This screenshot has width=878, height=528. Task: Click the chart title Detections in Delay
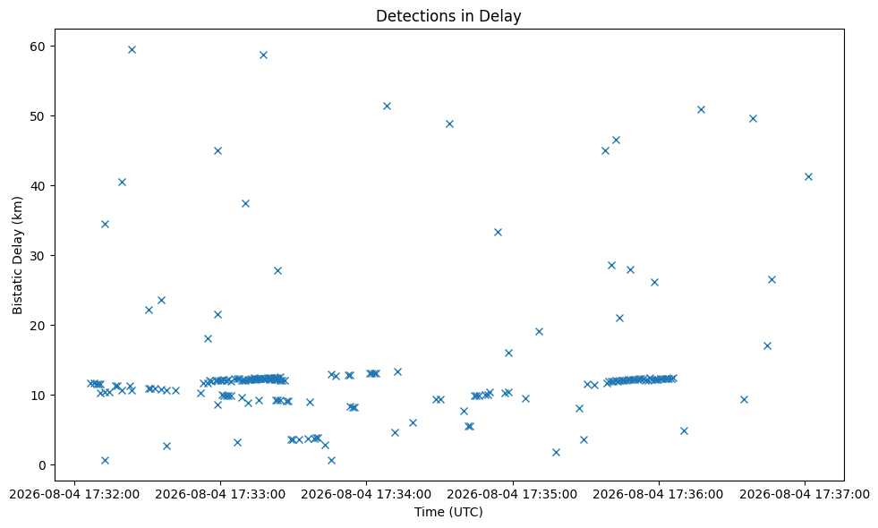click(x=448, y=16)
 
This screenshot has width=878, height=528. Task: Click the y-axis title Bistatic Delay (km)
click(x=17, y=255)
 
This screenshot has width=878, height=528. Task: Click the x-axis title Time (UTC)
click(x=448, y=512)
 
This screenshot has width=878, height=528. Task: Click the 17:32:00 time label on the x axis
click(x=74, y=495)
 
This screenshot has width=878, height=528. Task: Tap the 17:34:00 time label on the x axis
click(x=366, y=495)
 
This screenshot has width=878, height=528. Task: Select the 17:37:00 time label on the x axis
click(x=805, y=495)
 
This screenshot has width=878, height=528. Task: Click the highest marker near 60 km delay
click(x=132, y=49)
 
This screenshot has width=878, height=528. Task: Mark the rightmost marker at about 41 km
click(x=808, y=176)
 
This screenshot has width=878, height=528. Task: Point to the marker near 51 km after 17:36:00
click(x=701, y=109)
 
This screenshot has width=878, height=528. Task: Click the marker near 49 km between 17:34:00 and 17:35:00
click(x=449, y=123)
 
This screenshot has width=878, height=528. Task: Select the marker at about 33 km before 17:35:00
click(x=498, y=232)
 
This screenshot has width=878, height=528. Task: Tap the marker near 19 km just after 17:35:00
click(x=539, y=331)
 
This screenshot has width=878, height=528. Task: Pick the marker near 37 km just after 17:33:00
click(x=244, y=203)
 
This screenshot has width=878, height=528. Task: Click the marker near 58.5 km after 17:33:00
click(x=263, y=55)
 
